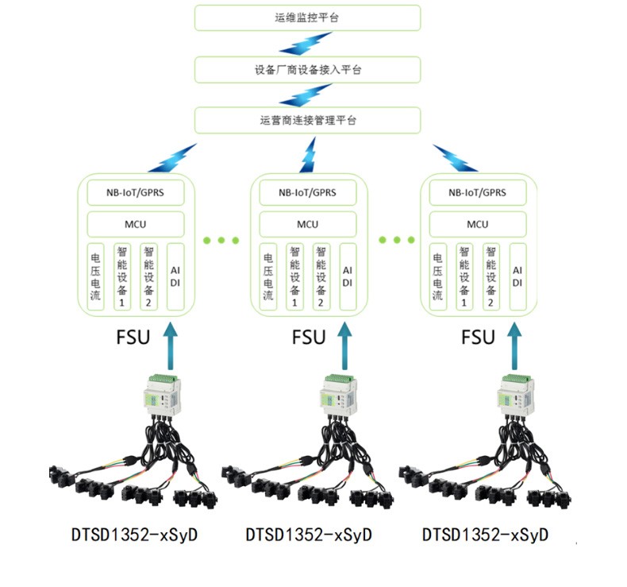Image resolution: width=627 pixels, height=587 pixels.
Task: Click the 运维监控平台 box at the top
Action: (x=308, y=17)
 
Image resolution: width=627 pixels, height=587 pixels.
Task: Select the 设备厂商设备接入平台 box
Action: (x=308, y=69)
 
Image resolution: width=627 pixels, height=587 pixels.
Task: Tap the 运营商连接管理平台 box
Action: (x=308, y=121)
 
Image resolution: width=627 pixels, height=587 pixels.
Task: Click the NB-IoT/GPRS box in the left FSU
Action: (x=135, y=192)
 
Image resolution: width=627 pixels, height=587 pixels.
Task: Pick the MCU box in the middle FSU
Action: (x=308, y=224)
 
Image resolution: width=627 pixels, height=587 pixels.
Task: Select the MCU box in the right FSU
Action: (x=478, y=224)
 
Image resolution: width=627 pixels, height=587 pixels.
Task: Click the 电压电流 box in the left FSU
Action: (x=96, y=276)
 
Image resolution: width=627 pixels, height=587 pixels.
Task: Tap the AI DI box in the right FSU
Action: (x=517, y=276)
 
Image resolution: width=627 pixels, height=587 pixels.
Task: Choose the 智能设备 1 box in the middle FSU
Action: (x=294, y=276)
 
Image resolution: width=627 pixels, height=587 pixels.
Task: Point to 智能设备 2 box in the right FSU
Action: (x=491, y=276)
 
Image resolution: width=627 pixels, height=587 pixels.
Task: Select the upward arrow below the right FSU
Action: (x=513, y=342)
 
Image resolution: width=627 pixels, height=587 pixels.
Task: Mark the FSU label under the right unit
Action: (x=479, y=337)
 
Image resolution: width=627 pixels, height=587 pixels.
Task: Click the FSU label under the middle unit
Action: (x=309, y=337)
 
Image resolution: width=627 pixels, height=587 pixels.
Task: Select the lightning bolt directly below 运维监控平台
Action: (x=305, y=44)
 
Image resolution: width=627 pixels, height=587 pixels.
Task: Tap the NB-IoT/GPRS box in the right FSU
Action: (x=478, y=192)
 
